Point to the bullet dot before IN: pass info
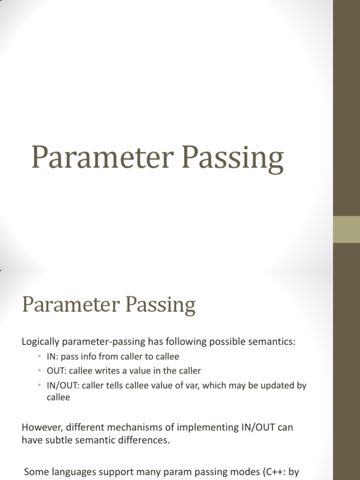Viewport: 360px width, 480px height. tap(40, 357)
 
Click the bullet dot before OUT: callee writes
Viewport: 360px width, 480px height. tap(40, 371)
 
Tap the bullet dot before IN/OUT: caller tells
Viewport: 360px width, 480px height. tap(40, 385)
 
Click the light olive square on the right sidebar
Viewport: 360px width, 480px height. tap(346, 229)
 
